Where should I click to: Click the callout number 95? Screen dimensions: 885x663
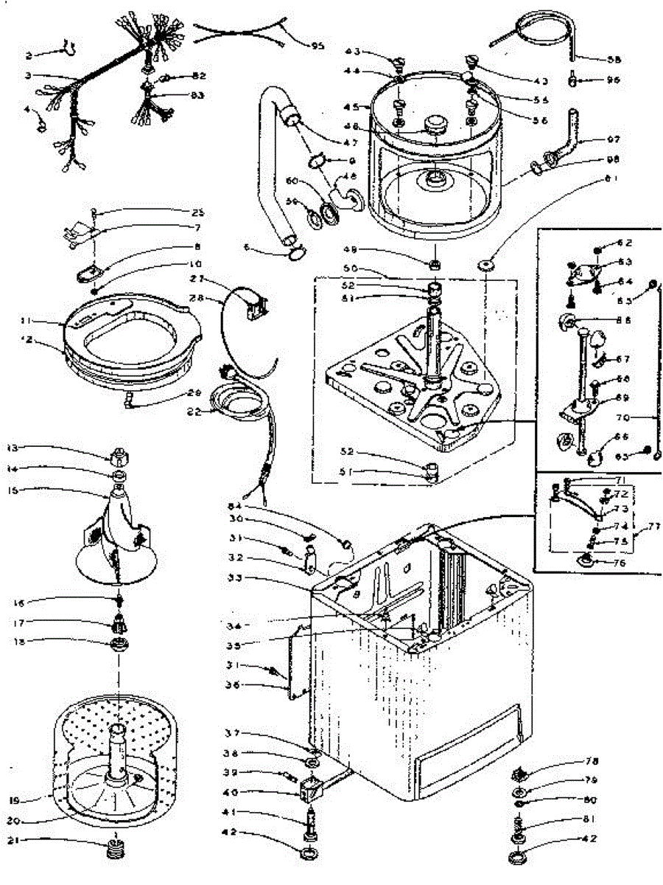pos(318,46)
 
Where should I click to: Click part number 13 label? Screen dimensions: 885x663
pos(13,448)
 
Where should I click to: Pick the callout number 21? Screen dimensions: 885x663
pos(13,839)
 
